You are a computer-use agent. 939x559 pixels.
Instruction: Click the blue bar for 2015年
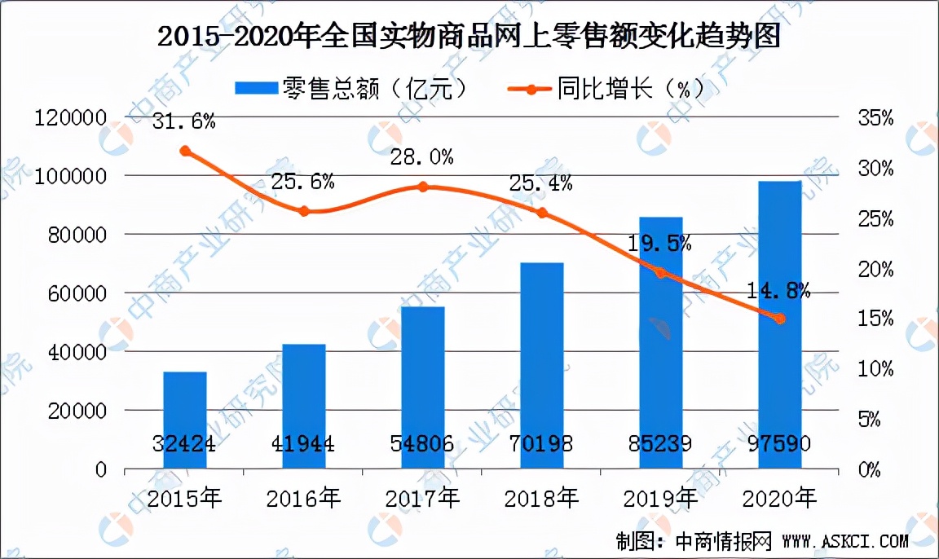[185, 420]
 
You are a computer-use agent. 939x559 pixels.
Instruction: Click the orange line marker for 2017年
[423, 187]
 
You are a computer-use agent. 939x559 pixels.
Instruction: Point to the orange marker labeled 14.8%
[780, 319]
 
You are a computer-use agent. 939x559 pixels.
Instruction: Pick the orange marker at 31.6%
[185, 151]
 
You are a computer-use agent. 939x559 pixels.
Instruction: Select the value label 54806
[422, 445]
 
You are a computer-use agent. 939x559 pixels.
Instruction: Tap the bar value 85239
[660, 445]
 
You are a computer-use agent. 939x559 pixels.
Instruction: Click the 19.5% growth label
[661, 243]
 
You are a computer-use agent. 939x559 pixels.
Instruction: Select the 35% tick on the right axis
[876, 119]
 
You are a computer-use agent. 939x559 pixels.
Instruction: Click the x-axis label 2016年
[303, 496]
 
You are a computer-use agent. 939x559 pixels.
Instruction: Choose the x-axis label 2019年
[660, 496]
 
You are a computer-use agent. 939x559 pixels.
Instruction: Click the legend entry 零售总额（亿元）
[352, 87]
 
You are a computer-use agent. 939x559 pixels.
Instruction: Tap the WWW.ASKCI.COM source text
[844, 540]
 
